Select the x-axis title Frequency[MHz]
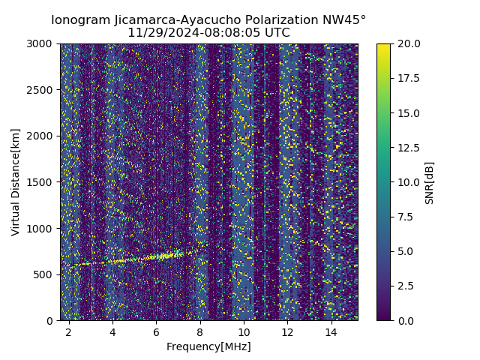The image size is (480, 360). (x=208, y=346)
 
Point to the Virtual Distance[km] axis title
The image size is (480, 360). (x=16, y=181)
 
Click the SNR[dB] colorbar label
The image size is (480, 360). (x=430, y=182)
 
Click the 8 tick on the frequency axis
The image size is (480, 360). (x=200, y=331)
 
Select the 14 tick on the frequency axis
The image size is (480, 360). (x=331, y=331)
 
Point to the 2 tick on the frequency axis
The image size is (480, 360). (x=69, y=331)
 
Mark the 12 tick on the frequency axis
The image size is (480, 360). (x=287, y=331)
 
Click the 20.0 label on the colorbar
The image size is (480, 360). (x=407, y=43)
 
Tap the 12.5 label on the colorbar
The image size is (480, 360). (x=407, y=148)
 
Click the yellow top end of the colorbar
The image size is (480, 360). (x=383, y=46)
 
